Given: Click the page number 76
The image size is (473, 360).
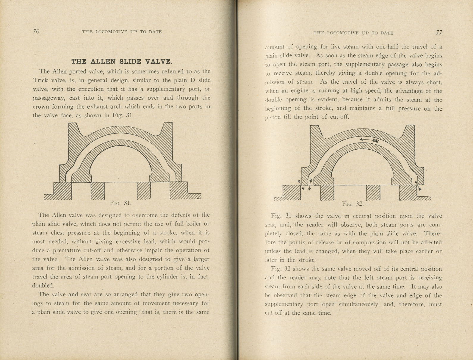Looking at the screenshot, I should pos(36,32).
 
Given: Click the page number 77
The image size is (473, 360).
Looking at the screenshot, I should pos(439,32).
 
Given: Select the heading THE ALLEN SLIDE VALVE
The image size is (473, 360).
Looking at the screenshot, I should pos(122,62).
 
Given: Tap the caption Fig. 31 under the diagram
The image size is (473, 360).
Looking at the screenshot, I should pos(120,203).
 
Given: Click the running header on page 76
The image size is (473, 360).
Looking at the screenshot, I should pos(122,32).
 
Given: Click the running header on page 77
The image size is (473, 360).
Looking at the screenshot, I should pos(353,33).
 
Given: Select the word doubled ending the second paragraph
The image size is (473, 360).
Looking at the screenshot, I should pos(43,286).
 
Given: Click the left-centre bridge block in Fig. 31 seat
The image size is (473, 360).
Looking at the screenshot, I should pos(98,190).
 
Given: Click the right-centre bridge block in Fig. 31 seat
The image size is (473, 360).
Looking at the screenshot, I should pos(144,190).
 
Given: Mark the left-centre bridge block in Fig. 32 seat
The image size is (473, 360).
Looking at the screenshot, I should pos(327,192).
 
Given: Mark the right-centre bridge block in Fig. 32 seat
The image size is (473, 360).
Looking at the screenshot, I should pos(373,192).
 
